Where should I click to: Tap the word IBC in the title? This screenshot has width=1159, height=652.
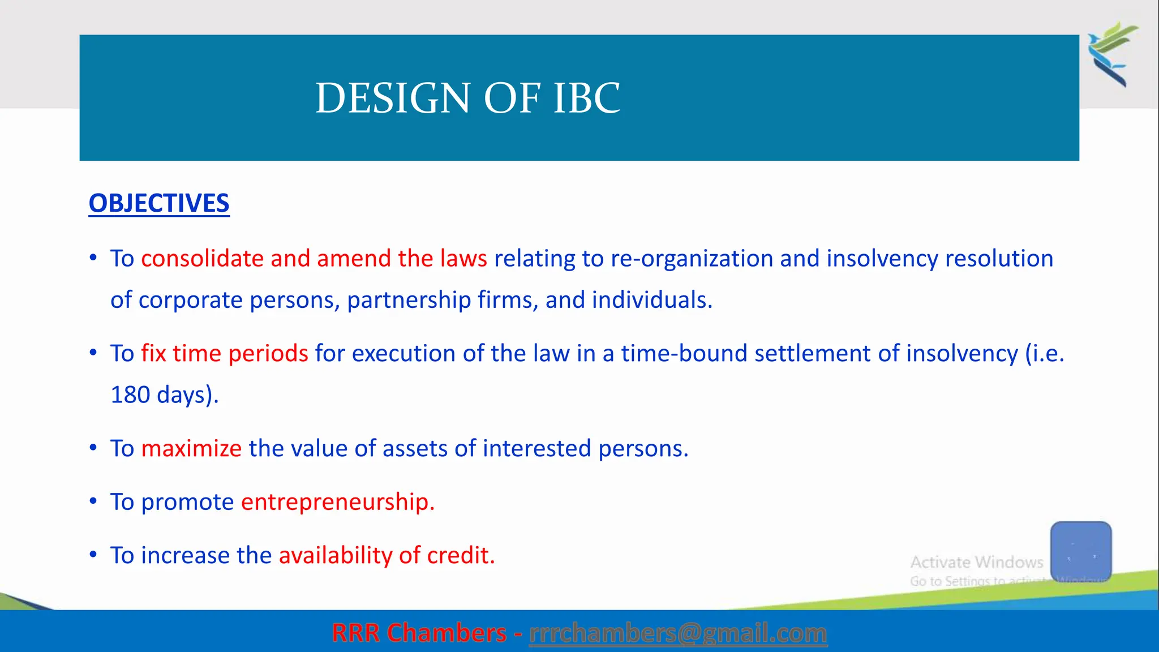tap(586, 98)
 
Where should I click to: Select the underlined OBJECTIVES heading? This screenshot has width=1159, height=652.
tap(159, 204)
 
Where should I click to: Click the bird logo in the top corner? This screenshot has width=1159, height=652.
tap(1113, 54)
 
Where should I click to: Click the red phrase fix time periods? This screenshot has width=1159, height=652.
tap(224, 354)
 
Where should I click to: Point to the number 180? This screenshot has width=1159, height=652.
tap(130, 395)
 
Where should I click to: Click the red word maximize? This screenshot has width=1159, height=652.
tap(191, 449)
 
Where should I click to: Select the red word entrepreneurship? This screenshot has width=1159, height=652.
tap(337, 502)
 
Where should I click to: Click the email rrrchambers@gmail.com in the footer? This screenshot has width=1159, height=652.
tap(677, 633)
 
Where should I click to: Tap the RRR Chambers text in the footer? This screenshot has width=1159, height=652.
tap(419, 633)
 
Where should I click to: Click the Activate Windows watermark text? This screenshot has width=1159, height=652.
tap(976, 563)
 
